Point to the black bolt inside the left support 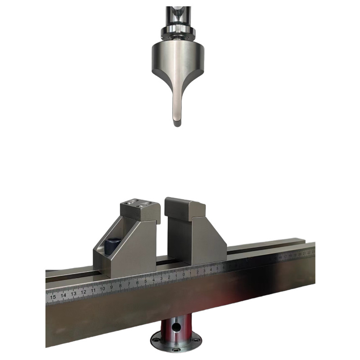coord(111,245)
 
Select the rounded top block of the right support coord(184,208)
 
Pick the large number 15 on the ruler coord(53,297)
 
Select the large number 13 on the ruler coord(73,293)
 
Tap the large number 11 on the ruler coord(93,290)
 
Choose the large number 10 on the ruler coord(103,288)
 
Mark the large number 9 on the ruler coord(112,287)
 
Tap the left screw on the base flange coord(155,340)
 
